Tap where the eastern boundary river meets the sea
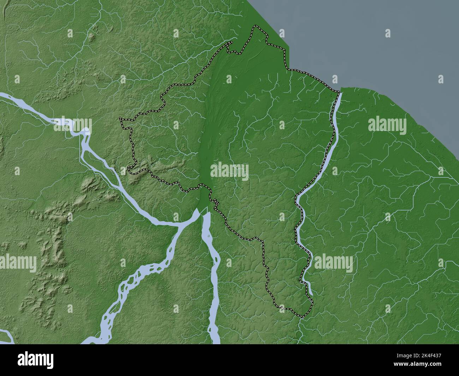pyautogui.click(x=340, y=92)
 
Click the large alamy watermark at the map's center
pyautogui.click(x=229, y=171)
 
